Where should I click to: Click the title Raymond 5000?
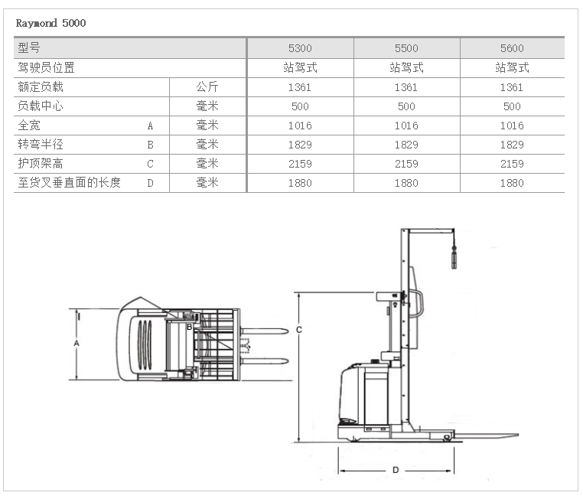coord(50,23)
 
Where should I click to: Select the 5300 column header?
coord(300,48)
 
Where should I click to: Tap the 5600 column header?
coord(512,48)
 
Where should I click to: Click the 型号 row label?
coord(29,47)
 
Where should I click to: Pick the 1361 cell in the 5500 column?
coord(406,87)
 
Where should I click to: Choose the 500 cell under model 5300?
coord(300,106)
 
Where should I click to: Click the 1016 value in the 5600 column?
coord(512,126)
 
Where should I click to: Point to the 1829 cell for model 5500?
coord(406,145)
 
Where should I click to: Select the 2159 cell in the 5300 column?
coord(300,164)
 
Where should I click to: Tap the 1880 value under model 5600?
coord(512,183)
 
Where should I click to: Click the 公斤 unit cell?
coord(207,87)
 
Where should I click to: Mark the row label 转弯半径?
coord(41,145)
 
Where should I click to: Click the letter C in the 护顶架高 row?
coord(150,164)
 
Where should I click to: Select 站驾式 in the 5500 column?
coord(406,67)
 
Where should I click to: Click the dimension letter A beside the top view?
coord(77,343)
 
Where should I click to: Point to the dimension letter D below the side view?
coord(396,470)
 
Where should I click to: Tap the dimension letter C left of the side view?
coord(299,329)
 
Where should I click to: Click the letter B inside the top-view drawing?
coord(189,328)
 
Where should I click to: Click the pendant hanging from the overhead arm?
coord(454,257)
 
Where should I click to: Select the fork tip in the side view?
coord(517,435)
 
